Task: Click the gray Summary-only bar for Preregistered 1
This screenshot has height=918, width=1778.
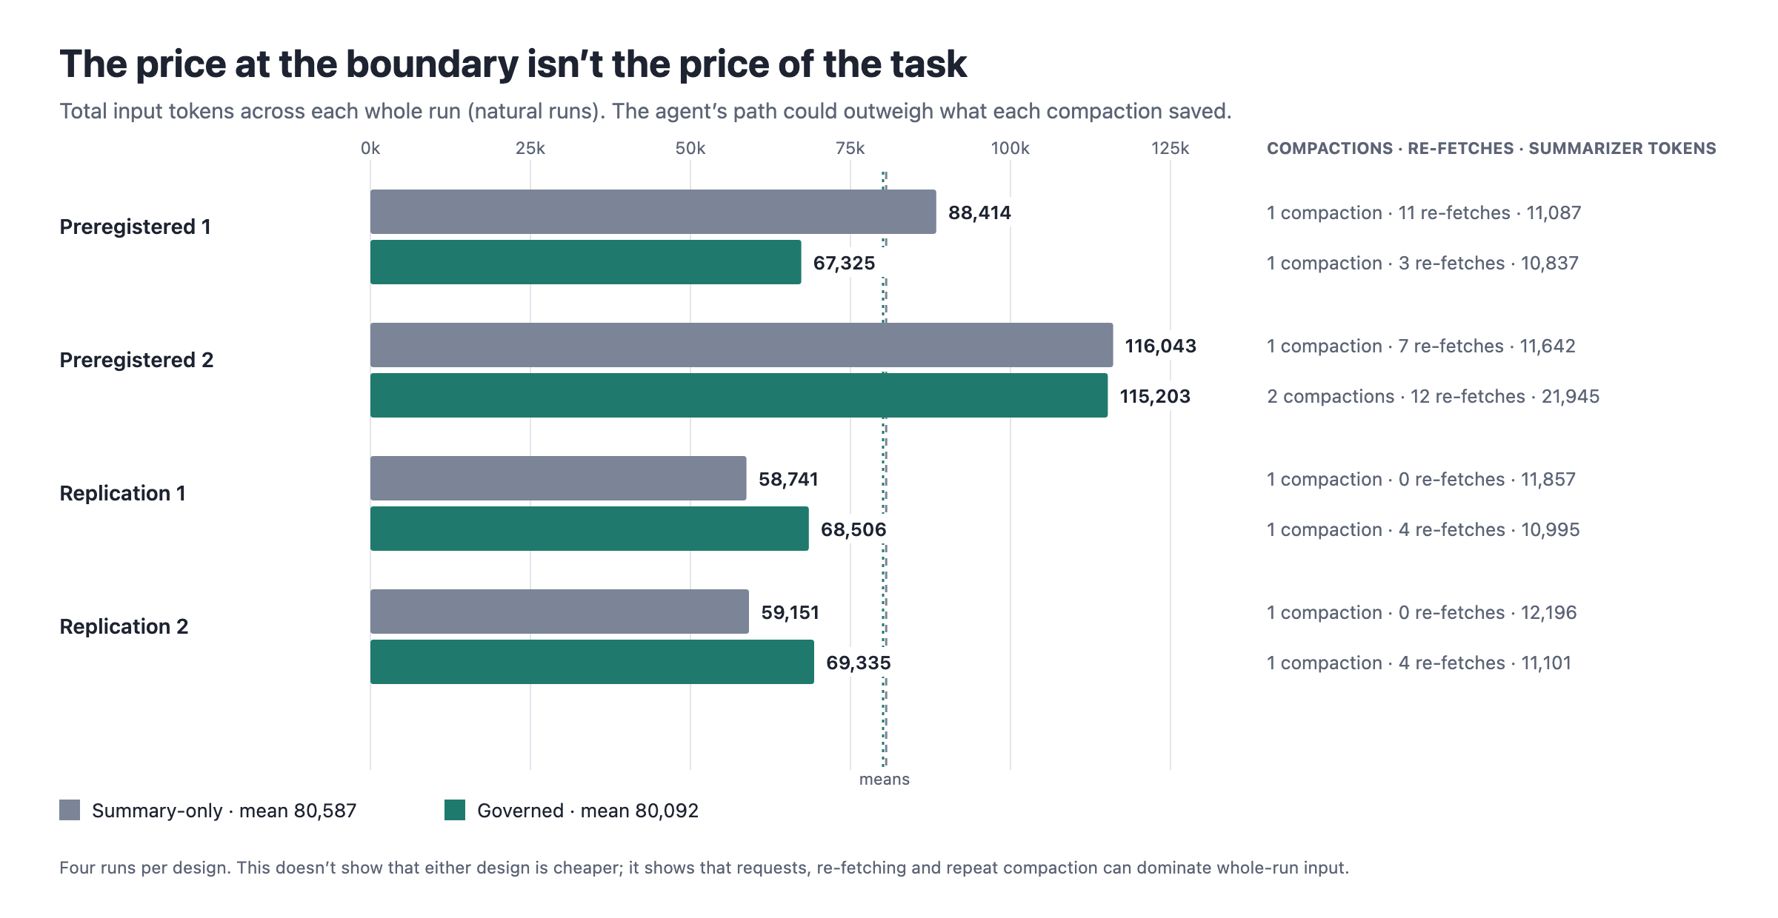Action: (653, 212)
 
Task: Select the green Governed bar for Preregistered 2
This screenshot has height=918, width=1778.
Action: (739, 395)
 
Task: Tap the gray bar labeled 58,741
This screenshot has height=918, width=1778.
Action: (558, 478)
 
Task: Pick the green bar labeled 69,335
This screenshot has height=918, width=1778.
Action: (592, 662)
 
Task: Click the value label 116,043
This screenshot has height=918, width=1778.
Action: (1160, 346)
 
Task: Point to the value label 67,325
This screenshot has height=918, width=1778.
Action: (844, 263)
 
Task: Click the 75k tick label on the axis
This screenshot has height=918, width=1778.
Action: (850, 148)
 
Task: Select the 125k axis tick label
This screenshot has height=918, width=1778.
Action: (1170, 148)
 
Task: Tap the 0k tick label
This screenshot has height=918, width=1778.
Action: (370, 148)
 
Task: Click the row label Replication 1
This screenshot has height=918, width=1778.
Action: (122, 493)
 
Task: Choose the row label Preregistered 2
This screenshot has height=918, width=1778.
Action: (136, 360)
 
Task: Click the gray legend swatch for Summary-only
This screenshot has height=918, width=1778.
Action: (70, 810)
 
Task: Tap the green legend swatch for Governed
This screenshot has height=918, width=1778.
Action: (455, 810)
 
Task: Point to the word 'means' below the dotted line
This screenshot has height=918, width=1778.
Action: (885, 780)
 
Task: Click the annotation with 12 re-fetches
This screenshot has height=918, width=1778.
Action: (1433, 396)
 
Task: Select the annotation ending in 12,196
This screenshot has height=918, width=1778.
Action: (1422, 612)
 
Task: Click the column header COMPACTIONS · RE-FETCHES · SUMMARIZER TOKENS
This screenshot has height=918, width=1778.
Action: (1491, 148)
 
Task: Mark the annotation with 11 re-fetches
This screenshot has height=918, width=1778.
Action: (1424, 212)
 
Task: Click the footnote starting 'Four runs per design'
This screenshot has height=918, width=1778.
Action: (704, 868)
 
